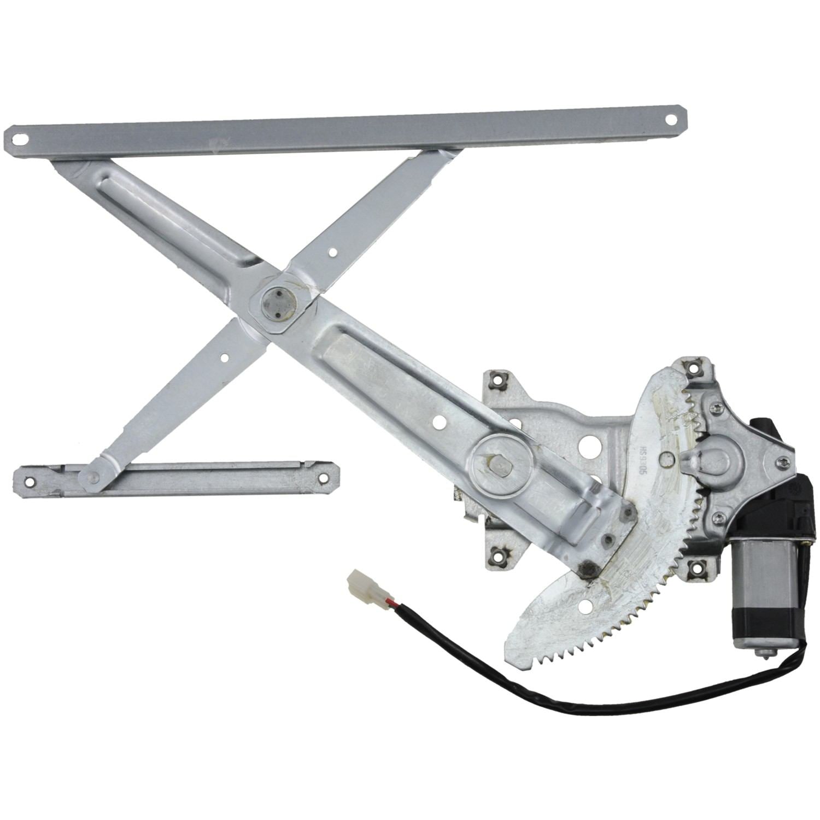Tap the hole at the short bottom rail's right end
coord(323,478)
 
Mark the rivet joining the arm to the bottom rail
coord(95,477)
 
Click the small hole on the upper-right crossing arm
coord(332,253)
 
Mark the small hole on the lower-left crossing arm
coord(224,358)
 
